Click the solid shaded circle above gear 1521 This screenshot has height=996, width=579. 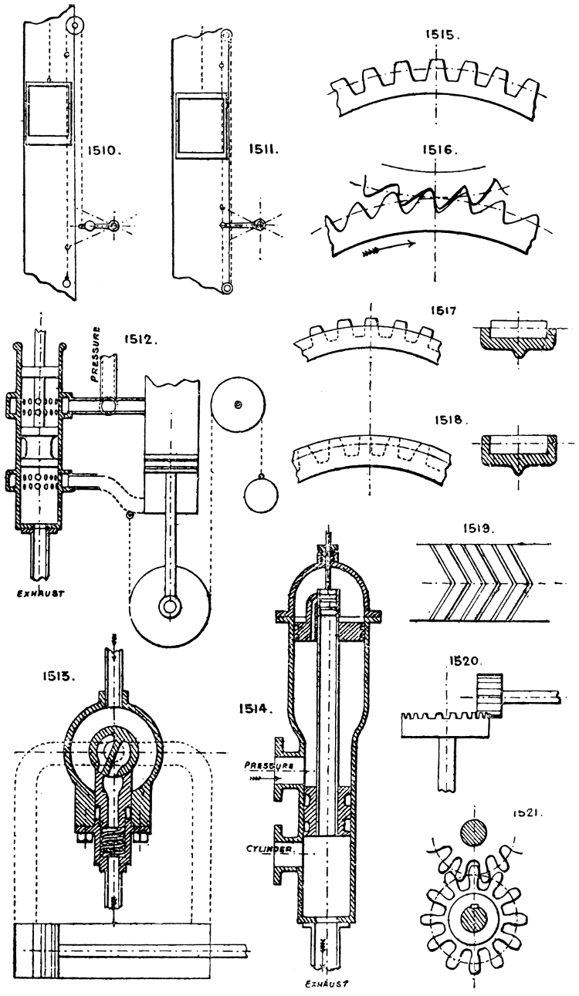click(x=473, y=834)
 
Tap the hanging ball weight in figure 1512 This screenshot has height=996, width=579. click(x=259, y=491)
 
